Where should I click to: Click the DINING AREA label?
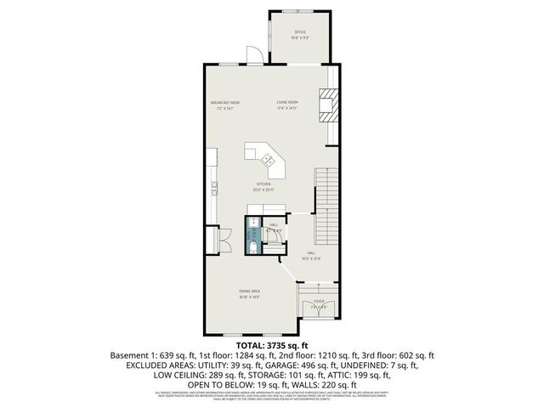tap(249, 292)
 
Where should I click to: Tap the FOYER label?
tap(319, 301)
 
